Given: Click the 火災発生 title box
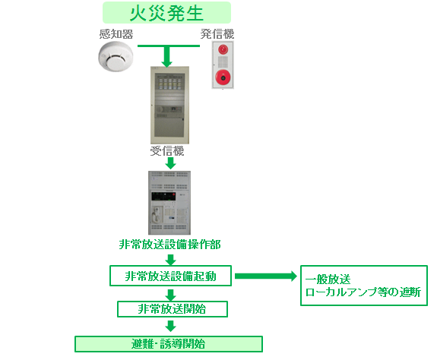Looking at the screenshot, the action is click(x=166, y=12).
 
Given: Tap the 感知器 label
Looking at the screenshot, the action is click(x=116, y=34).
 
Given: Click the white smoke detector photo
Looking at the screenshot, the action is click(x=116, y=56).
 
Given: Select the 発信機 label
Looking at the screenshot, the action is click(x=217, y=34).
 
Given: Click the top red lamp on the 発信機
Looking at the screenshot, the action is click(x=223, y=49).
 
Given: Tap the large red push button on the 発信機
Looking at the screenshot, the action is click(x=223, y=77).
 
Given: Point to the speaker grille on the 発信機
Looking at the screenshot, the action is click(x=223, y=62).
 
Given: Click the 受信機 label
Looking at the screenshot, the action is click(x=167, y=151).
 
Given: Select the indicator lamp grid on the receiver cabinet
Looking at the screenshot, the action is click(x=170, y=84).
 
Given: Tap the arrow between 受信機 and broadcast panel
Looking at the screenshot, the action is click(x=170, y=163).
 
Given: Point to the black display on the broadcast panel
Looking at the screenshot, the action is click(x=163, y=196).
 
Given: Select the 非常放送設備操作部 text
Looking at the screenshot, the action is click(x=170, y=245).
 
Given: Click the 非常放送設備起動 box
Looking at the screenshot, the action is click(x=170, y=276).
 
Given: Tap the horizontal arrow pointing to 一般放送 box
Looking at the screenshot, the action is click(x=266, y=276).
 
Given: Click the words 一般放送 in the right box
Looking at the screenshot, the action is click(x=328, y=279).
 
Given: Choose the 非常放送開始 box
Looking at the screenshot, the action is click(x=173, y=309).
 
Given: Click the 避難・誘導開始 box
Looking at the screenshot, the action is click(x=169, y=344).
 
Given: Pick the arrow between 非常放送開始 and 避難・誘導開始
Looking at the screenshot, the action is click(x=170, y=326).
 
